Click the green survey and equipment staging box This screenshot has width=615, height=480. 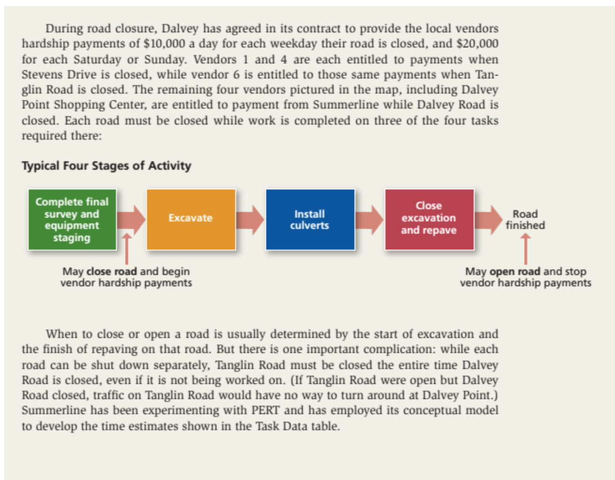point(72,220)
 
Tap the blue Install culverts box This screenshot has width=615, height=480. point(310,220)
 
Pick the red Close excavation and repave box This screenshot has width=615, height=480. point(429,220)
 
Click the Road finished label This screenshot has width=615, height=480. point(525,220)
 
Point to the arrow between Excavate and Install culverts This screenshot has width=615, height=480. point(250,220)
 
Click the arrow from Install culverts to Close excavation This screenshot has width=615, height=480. point(369,220)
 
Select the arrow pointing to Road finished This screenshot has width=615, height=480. point(489,220)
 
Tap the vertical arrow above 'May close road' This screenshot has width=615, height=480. point(126,249)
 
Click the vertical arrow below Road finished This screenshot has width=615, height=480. point(525,249)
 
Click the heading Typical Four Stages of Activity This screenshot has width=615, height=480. point(107,165)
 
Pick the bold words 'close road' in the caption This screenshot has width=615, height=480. point(112,271)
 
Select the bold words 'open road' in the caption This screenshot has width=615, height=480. point(515,271)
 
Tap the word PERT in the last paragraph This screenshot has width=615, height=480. point(265,410)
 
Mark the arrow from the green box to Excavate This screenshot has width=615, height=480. point(131,220)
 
